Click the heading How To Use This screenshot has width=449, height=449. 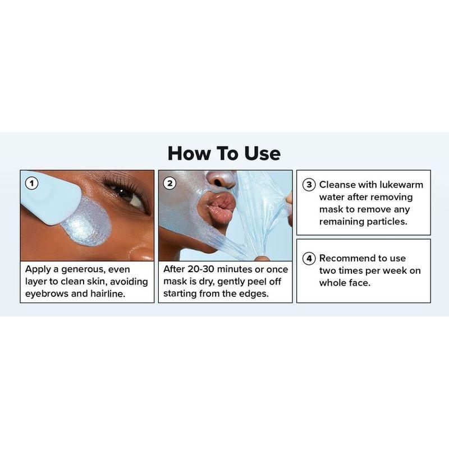[x=224, y=153]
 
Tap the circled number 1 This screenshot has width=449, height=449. [x=32, y=183]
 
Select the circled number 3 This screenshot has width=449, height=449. [x=309, y=185]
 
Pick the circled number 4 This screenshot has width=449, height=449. [x=309, y=259]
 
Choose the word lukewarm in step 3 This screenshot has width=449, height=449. [x=400, y=185]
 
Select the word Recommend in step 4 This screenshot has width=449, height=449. [x=347, y=259]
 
